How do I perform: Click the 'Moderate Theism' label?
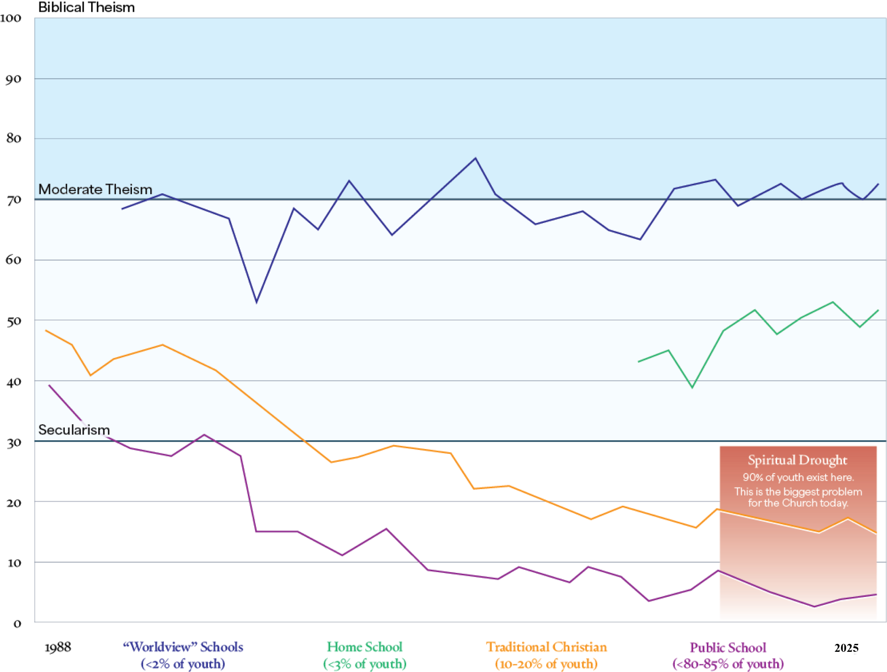pos(95,189)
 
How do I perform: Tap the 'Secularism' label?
pos(74,430)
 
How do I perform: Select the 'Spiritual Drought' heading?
pos(797,460)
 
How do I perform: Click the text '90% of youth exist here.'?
pos(798,477)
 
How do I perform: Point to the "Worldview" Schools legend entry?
pos(183,647)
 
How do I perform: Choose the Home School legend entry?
pos(365,647)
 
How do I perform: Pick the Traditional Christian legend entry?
pos(547,647)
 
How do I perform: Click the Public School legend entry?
pos(728,648)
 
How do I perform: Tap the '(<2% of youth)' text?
pos(183,664)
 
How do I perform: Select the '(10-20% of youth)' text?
pos(546,664)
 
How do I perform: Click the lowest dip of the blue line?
pos(256,302)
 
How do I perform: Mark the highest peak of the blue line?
pos(475,158)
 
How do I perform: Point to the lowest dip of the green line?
pos(692,387)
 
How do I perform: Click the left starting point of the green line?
pos(639,361)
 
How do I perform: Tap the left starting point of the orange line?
pos(46,330)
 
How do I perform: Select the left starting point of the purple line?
pos(49,385)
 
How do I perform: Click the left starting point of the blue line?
pos(122,209)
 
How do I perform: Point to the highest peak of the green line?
pos(833,302)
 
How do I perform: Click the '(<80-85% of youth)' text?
pos(728,664)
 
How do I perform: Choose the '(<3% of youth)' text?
pos(365,664)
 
